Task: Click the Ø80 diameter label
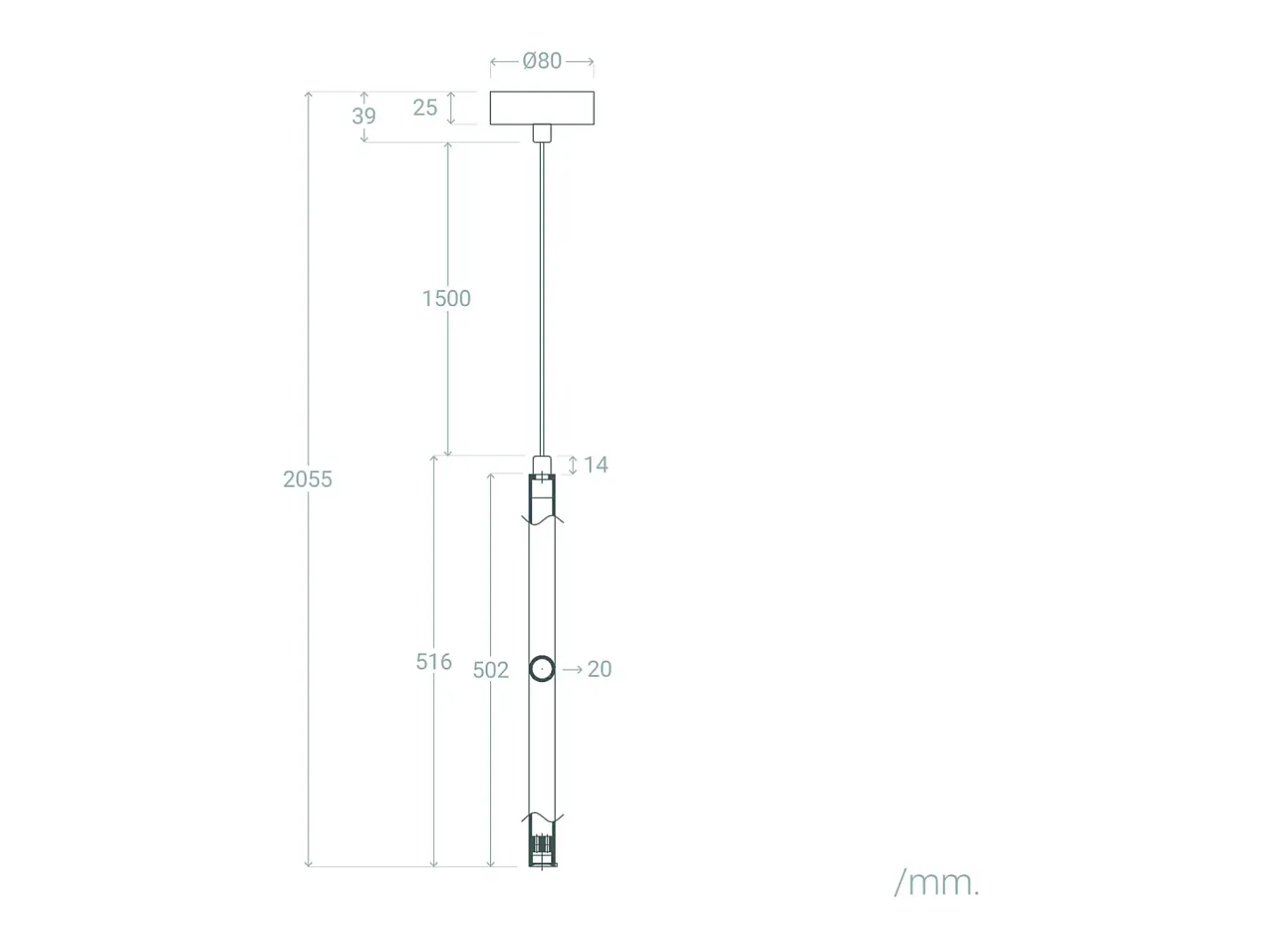click(542, 61)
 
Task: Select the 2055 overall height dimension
click(307, 479)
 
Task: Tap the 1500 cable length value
click(446, 299)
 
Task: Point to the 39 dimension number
click(364, 116)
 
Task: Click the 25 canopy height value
click(425, 108)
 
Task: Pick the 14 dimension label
click(596, 465)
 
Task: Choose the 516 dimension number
click(434, 663)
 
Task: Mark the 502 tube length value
click(491, 671)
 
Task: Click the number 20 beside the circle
click(599, 669)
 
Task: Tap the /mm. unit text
click(937, 883)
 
